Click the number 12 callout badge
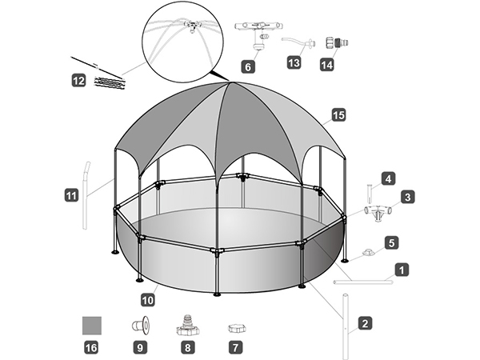coord(78,80)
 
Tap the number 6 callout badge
coord(249,66)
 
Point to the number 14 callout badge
coord(326,65)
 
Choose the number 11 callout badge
coord(71,194)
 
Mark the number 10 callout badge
coord(147,299)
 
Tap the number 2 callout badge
coord(364,324)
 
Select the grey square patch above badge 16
coord(94,326)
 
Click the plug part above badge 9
coord(141,326)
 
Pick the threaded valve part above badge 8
coord(188,324)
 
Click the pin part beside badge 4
coord(370,192)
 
